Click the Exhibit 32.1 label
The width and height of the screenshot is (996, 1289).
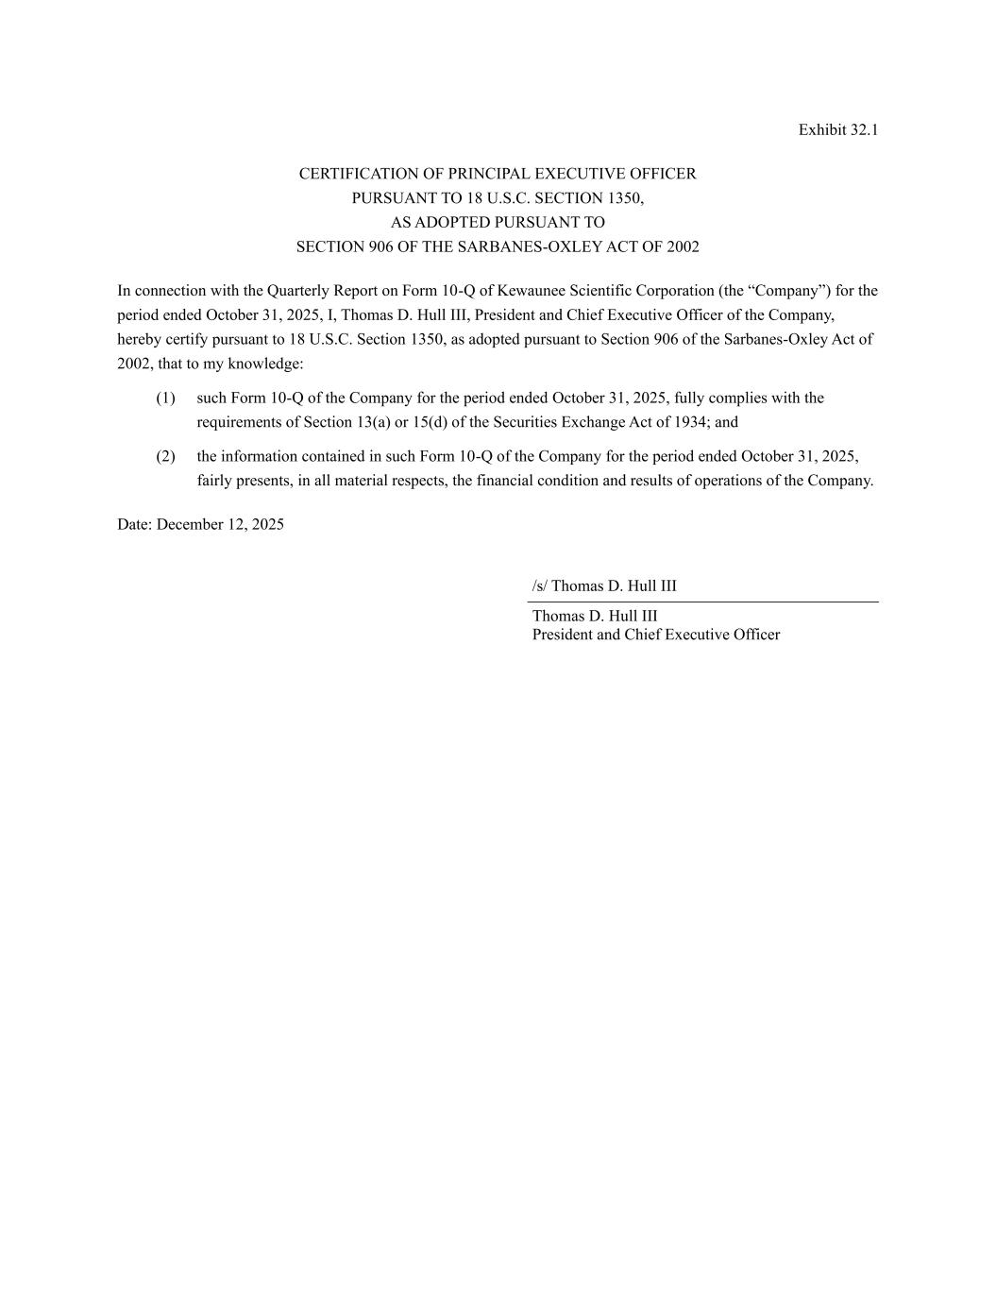tap(837, 130)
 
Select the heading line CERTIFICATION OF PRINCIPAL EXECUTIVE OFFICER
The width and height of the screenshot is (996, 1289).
tap(498, 174)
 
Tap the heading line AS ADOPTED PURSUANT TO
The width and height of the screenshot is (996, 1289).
tap(498, 223)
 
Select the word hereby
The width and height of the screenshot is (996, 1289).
tap(138, 340)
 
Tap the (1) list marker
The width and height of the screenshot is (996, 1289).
tap(165, 399)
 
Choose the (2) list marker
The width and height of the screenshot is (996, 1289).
tap(165, 457)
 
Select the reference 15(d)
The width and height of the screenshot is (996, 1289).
tap(430, 423)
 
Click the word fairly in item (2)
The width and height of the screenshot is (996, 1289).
tap(214, 481)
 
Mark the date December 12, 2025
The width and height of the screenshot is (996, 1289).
tap(220, 525)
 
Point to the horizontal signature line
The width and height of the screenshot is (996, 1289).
tap(702, 602)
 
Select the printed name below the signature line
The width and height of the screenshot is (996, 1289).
tap(595, 617)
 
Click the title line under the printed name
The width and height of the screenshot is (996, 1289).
tap(656, 635)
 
